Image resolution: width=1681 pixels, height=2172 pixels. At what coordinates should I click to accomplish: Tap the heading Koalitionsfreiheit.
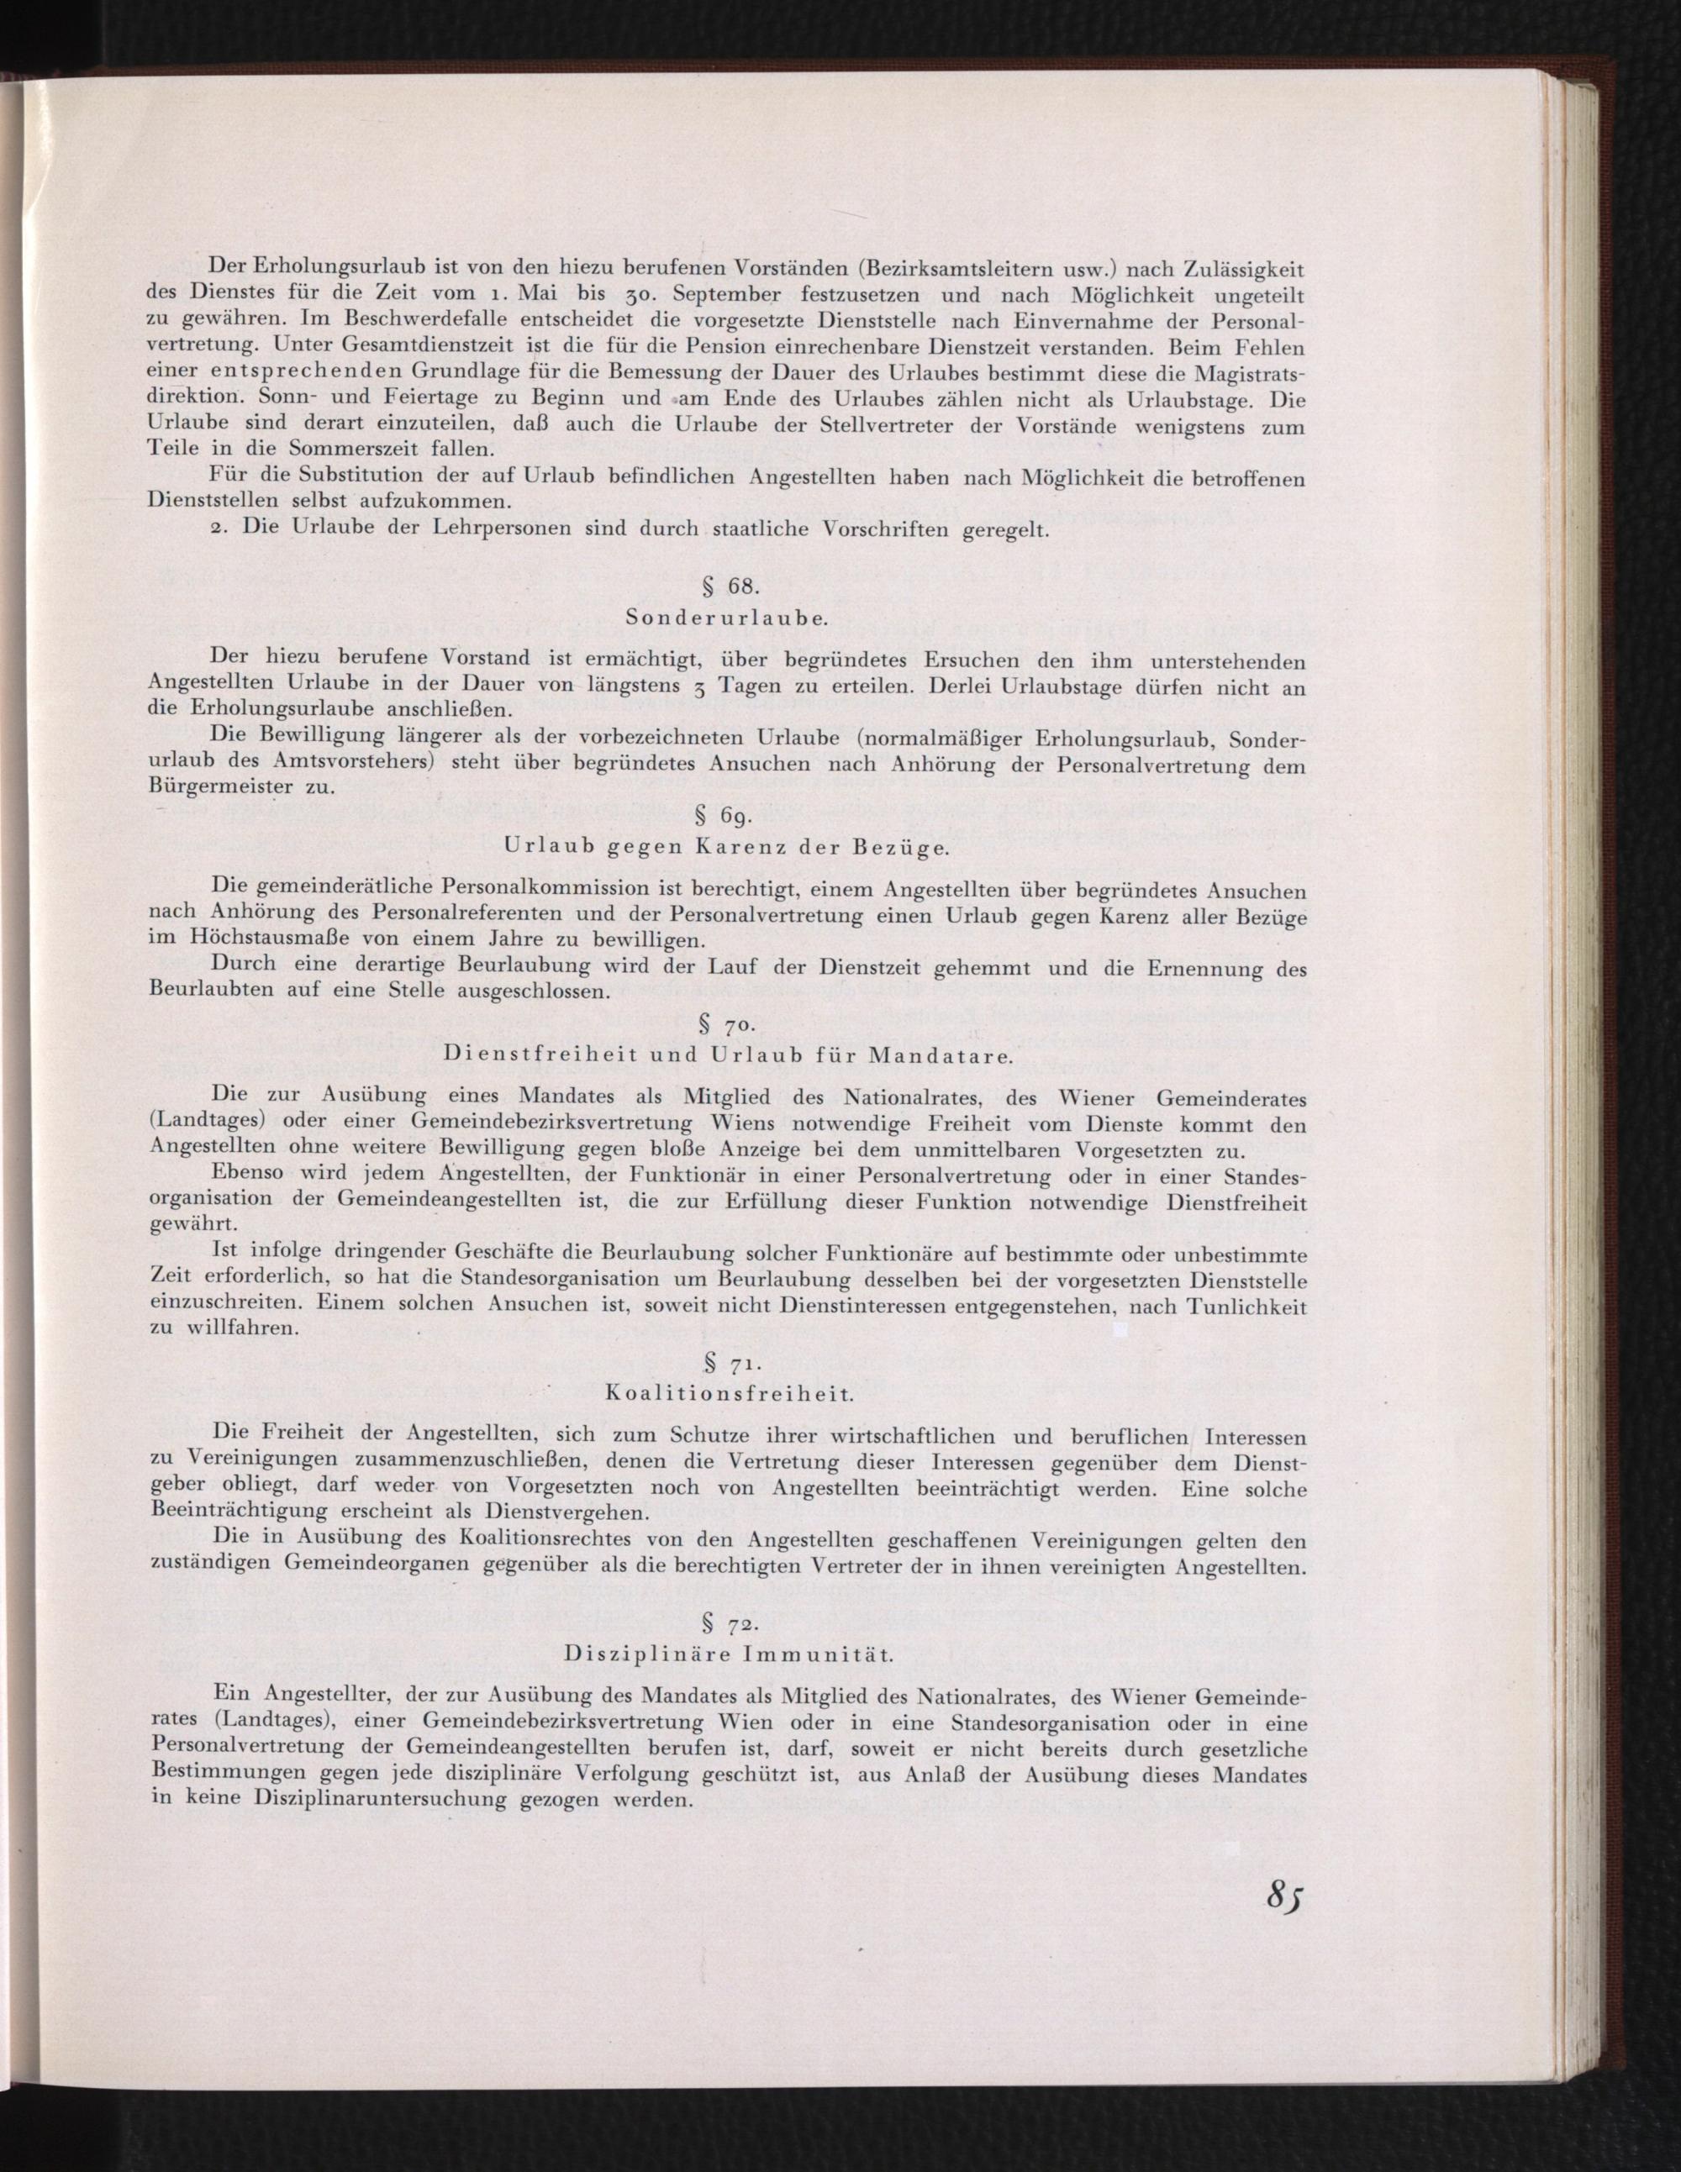(x=729, y=1393)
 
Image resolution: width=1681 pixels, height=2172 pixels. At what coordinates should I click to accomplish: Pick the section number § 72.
(x=730, y=1626)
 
